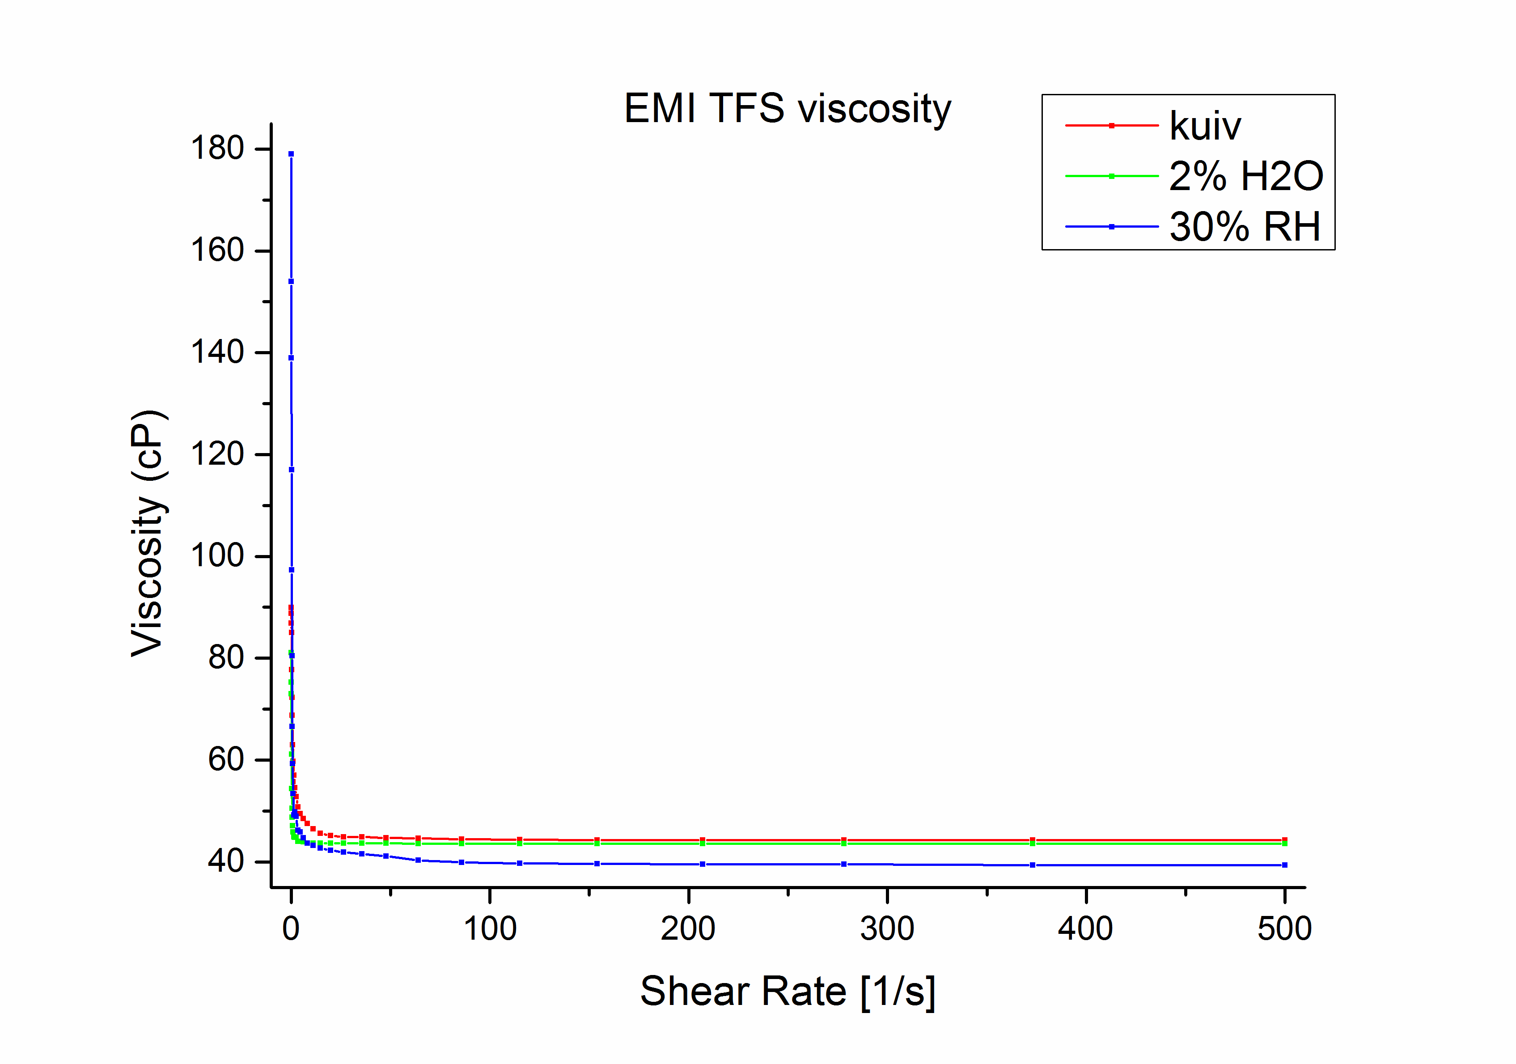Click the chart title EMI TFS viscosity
point(787,109)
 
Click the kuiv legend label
point(1205,126)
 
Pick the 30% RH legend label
point(1245,227)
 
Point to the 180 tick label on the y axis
point(217,148)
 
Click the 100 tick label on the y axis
point(217,555)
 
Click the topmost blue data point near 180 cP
point(291,154)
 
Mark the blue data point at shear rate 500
point(1285,865)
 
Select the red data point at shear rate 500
point(1285,840)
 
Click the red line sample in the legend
point(1112,126)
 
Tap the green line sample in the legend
point(1112,176)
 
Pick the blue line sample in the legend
point(1112,227)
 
